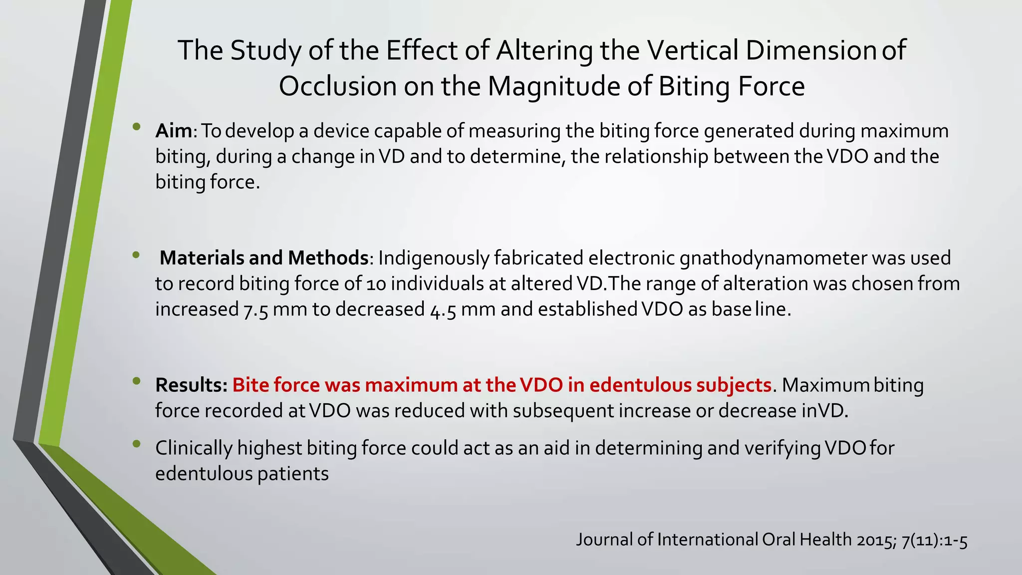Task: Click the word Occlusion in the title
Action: click(x=337, y=86)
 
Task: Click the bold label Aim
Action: click(x=174, y=131)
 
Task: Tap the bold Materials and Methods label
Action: click(x=263, y=259)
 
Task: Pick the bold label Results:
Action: click(x=191, y=385)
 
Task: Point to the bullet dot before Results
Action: click(x=137, y=381)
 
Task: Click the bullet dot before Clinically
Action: click(x=137, y=444)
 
